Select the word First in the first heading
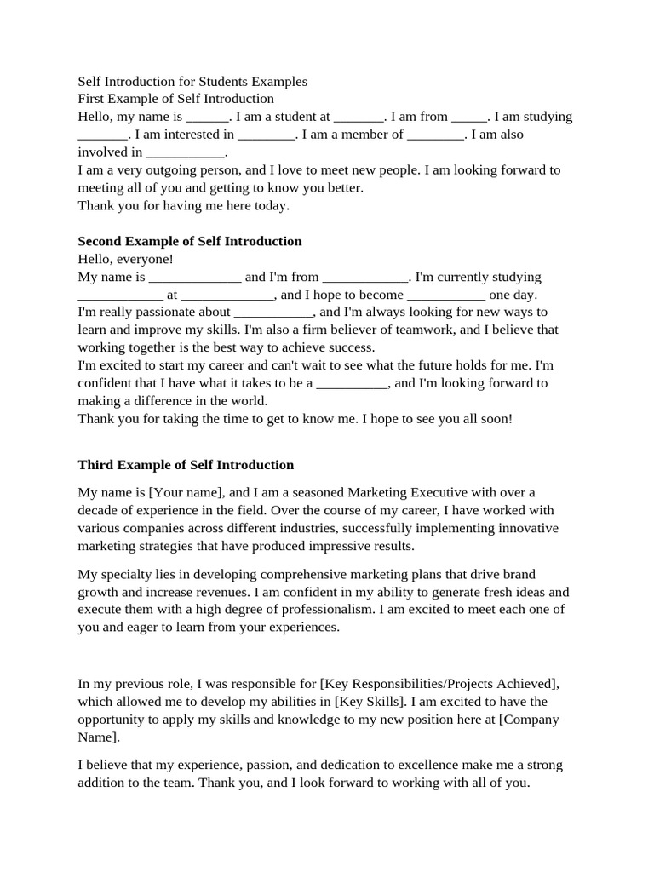[x=92, y=99]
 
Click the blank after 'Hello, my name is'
[x=208, y=117]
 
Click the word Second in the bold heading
[x=100, y=241]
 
